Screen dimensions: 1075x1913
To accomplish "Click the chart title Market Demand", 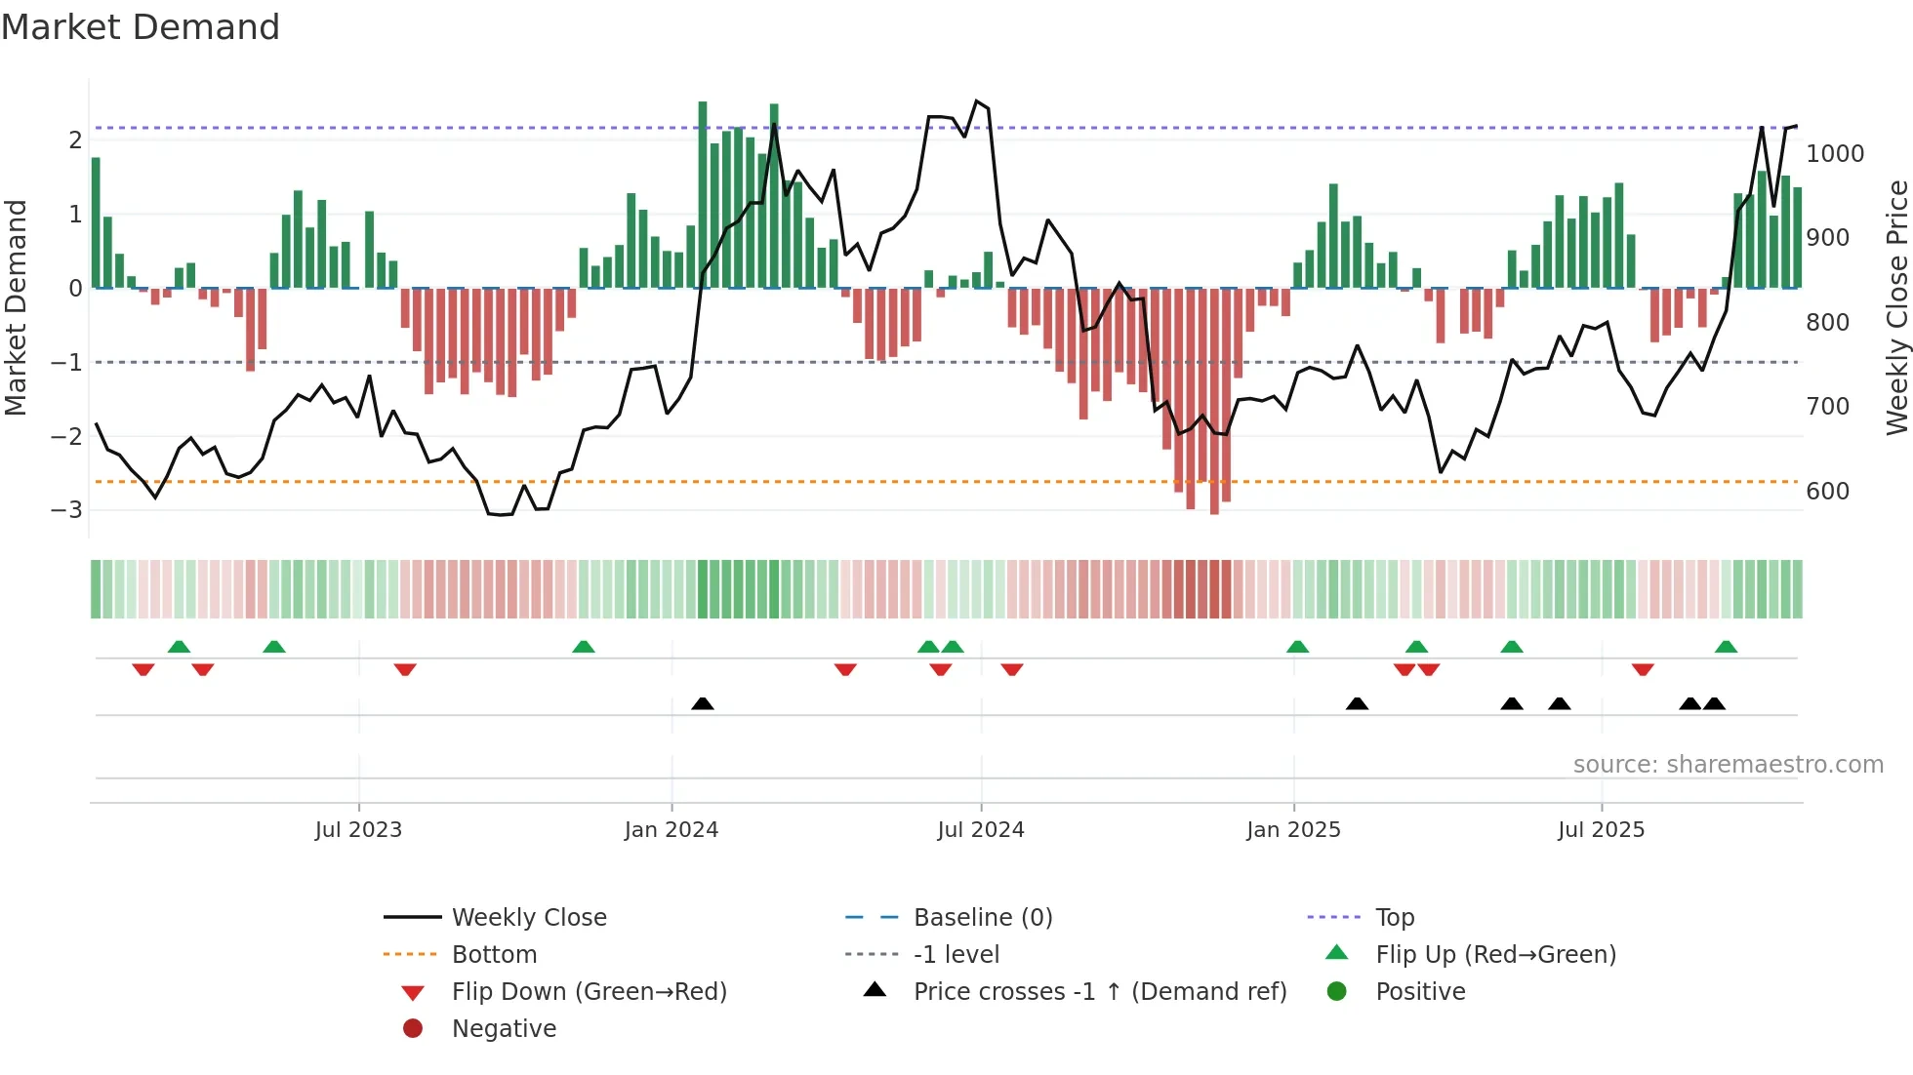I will coord(141,27).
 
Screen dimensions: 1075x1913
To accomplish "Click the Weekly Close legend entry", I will coord(528,918).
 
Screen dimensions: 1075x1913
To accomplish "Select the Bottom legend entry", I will coord(494,955).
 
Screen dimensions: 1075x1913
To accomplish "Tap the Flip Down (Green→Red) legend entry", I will coord(589,992).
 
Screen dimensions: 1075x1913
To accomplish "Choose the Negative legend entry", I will coord(504,1029).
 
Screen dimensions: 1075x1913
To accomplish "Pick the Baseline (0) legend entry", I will coord(982,918).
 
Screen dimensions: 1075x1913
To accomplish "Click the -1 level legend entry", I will coord(956,955).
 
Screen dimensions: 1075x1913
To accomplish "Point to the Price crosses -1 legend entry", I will coord(1099,992).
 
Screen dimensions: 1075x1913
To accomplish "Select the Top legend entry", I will coord(1394,918).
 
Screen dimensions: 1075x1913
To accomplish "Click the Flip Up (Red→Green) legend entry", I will coord(1495,955).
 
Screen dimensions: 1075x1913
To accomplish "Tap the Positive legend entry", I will coord(1420,992).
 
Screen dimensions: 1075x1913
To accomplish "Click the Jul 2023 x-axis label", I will coord(358,830).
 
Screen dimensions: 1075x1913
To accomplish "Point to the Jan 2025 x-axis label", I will coord(1293,830).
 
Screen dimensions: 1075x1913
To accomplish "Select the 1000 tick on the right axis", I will coord(1835,154).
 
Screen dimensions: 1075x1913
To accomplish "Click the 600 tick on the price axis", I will coord(1827,492).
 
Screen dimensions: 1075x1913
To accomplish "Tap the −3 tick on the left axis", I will coord(66,510).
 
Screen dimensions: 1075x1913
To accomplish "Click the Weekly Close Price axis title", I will coord(1896,307).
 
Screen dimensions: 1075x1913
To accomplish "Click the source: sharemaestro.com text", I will coord(1728,765).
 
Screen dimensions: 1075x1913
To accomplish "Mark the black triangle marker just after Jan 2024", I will coord(703,703).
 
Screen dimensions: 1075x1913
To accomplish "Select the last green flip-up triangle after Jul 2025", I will coord(1726,647).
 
